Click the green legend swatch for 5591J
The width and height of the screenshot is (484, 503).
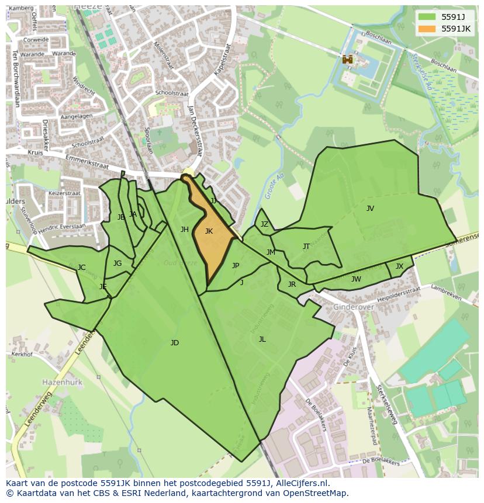click(x=427, y=17)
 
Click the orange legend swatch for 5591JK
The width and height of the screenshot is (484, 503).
click(x=427, y=29)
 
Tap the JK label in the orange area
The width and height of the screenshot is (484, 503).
click(x=209, y=231)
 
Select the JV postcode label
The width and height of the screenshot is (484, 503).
click(x=370, y=209)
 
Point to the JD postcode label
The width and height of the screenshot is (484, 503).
click(x=174, y=343)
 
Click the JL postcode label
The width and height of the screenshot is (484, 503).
click(x=262, y=339)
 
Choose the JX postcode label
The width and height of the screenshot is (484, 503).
click(x=399, y=266)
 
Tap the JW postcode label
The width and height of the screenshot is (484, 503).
click(x=356, y=279)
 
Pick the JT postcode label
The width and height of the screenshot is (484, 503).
click(x=306, y=247)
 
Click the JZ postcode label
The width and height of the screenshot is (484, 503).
click(x=264, y=224)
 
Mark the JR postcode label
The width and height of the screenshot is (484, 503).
click(x=292, y=285)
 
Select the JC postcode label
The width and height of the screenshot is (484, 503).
click(x=82, y=268)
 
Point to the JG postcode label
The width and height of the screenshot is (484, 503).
click(x=117, y=263)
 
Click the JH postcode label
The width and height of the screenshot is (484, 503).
click(x=185, y=230)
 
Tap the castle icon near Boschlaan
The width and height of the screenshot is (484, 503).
click(x=348, y=59)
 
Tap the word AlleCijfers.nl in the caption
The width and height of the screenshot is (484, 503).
click(x=302, y=484)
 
